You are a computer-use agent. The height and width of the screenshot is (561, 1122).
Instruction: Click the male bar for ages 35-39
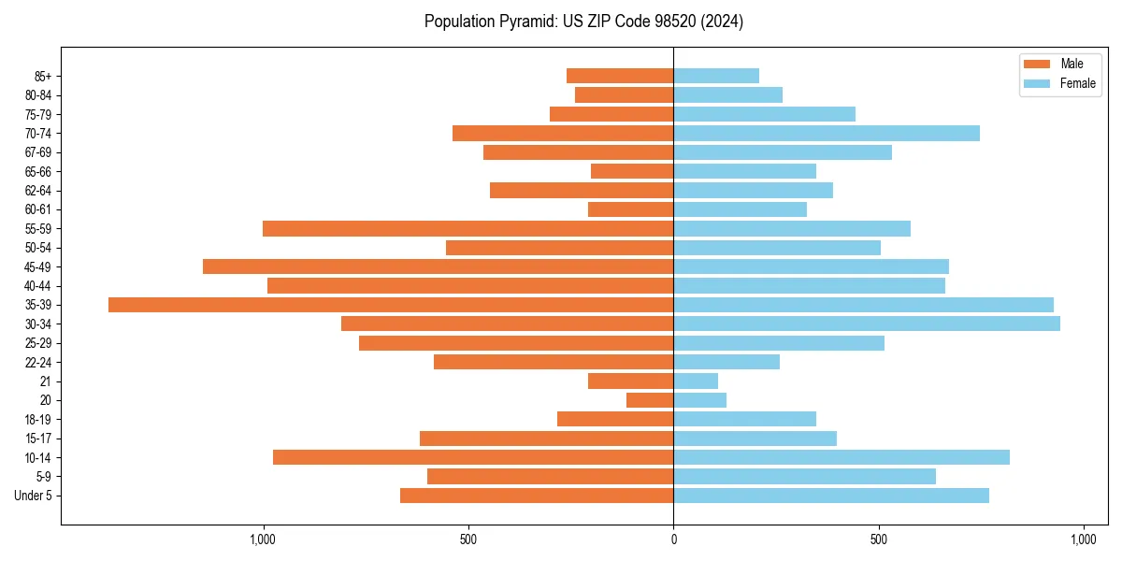[391, 305]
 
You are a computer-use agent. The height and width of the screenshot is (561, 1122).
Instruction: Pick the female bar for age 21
[696, 381]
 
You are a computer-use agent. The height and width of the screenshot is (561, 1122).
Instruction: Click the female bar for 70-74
[827, 133]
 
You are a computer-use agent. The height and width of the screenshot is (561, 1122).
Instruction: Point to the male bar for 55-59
[467, 228]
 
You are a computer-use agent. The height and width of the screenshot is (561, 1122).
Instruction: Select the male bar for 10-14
[473, 457]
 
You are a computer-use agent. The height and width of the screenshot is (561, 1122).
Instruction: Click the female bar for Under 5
[831, 496]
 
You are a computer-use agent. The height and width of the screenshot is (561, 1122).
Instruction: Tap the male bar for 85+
[620, 76]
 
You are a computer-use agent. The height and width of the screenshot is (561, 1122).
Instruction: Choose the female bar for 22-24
[726, 362]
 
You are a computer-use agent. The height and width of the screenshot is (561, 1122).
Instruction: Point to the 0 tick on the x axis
[673, 540]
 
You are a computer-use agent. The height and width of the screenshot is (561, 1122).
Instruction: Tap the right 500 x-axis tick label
[878, 540]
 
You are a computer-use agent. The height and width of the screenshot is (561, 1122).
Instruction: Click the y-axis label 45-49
[38, 266]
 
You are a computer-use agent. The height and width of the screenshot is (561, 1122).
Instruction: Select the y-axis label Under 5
[33, 496]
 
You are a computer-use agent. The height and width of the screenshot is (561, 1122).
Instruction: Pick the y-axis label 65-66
[38, 171]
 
